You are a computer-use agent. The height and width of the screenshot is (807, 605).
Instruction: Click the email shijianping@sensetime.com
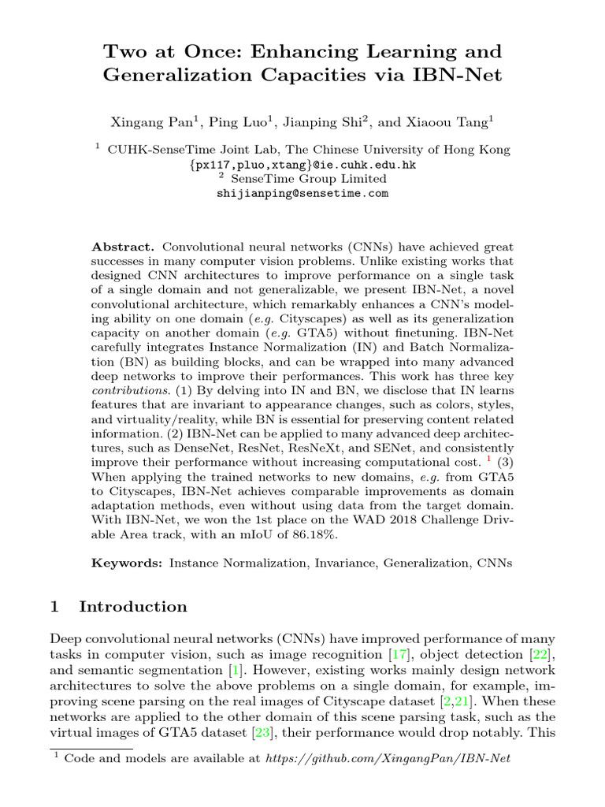302,193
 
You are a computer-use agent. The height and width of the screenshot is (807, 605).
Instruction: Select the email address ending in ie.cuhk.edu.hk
302,165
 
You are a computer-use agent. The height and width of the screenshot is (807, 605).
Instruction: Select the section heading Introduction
133,606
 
